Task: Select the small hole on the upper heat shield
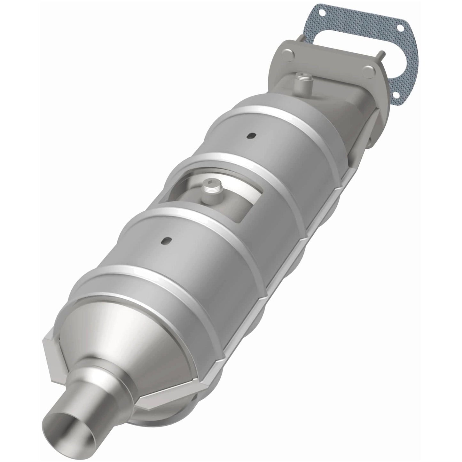[x=249, y=136]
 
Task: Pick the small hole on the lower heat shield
[x=165, y=240]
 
